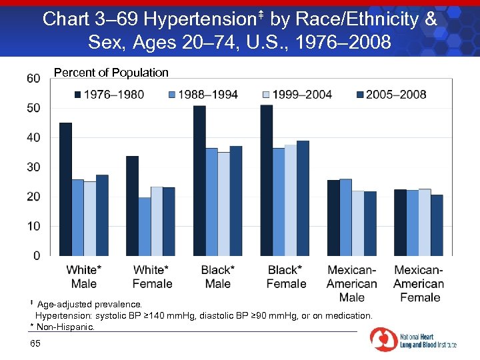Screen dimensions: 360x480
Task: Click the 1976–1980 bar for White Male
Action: (x=65, y=189)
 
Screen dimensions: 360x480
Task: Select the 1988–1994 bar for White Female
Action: (x=145, y=227)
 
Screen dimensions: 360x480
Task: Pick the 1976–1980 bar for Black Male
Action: (x=199, y=181)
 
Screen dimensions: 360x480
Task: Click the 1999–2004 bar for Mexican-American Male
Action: (x=357, y=223)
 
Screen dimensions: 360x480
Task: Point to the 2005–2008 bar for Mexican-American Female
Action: (x=437, y=225)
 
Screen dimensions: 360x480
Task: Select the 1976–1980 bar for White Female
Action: (x=132, y=206)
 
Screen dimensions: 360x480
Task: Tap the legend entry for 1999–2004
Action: (x=301, y=94)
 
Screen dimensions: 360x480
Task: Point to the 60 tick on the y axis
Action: (x=33, y=78)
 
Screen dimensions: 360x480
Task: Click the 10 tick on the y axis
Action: (x=33, y=226)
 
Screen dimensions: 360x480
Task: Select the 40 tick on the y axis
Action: (x=33, y=137)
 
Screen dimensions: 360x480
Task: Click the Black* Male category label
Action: (x=218, y=277)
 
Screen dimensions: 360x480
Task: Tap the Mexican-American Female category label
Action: (x=419, y=283)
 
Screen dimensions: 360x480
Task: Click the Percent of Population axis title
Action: (x=111, y=73)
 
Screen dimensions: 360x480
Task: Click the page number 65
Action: (x=35, y=343)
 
